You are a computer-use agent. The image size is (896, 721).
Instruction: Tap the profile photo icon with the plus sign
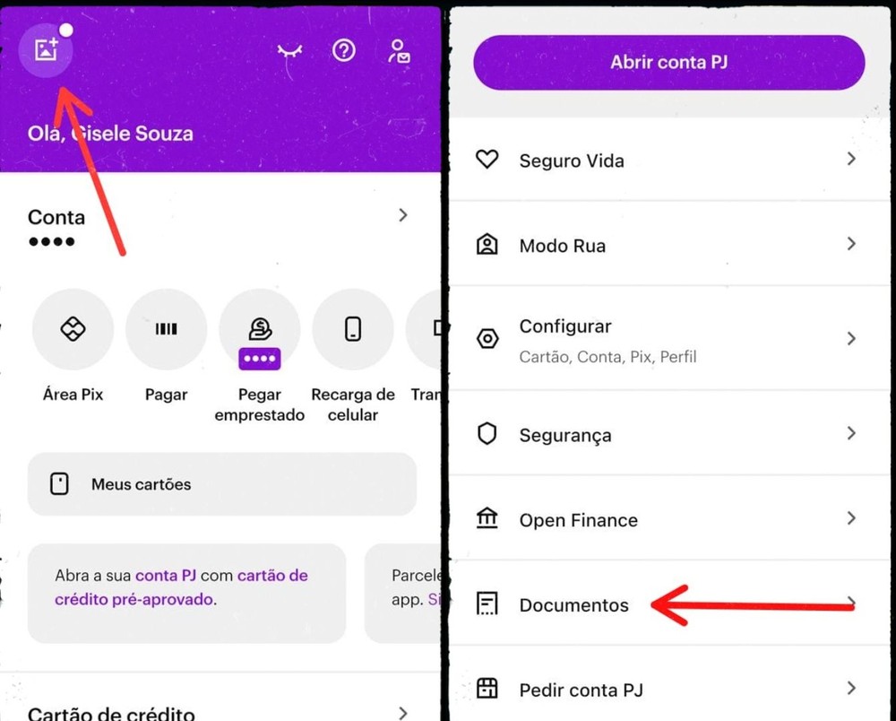click(46, 50)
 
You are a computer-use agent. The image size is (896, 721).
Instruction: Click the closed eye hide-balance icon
click(289, 52)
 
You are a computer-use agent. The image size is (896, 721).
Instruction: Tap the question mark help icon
click(343, 50)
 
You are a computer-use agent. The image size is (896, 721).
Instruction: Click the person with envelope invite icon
click(399, 51)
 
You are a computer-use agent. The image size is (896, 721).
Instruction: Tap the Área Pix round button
click(73, 329)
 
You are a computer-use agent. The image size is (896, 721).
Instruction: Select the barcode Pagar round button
click(166, 329)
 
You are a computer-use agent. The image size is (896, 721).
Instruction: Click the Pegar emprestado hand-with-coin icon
click(260, 329)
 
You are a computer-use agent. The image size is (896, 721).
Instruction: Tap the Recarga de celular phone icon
click(353, 329)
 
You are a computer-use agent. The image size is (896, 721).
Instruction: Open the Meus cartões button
click(221, 484)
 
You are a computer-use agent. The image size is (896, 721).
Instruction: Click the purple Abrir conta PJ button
click(668, 63)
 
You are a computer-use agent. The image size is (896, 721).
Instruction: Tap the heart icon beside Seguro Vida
click(487, 161)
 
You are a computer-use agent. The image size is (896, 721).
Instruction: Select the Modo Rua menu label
click(562, 246)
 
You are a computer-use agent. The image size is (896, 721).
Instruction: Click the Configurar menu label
click(565, 326)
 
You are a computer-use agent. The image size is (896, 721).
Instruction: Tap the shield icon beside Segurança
click(487, 435)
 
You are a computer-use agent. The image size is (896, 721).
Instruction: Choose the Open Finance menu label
click(578, 520)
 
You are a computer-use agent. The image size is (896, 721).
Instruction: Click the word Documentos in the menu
click(573, 605)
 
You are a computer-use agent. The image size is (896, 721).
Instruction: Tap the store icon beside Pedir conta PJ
click(487, 689)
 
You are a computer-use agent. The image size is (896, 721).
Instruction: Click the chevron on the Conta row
click(403, 215)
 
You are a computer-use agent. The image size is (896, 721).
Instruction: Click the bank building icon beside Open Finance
click(487, 518)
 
